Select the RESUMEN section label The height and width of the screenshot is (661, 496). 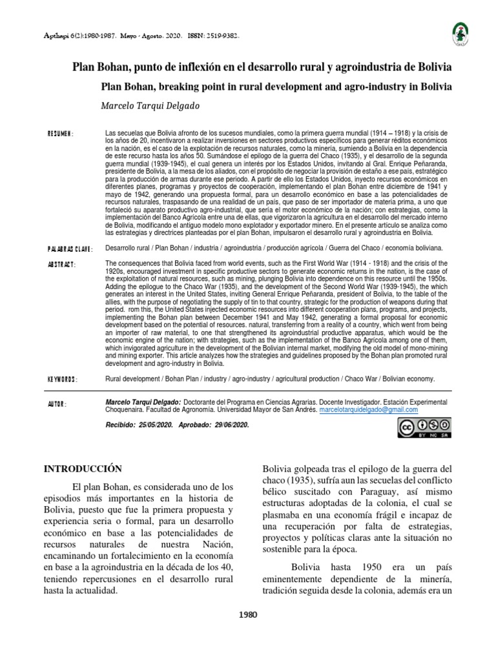(61, 134)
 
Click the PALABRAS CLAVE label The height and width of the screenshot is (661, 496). (70, 249)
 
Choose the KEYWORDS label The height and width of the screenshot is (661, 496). (63, 380)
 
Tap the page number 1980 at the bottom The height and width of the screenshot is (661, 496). (247, 615)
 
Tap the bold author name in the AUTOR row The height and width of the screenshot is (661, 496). (142, 401)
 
